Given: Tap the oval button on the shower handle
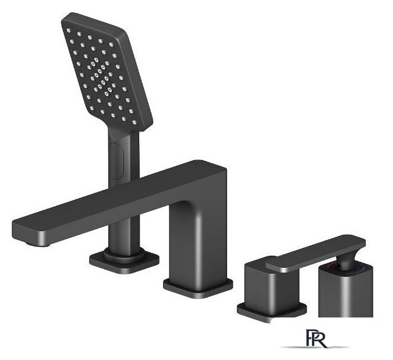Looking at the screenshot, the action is click(117, 160).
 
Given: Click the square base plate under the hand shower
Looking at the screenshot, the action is click(125, 264).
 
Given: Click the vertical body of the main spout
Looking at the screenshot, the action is click(198, 238).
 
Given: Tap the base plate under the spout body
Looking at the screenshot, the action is click(198, 288).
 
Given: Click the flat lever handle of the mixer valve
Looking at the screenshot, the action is click(316, 253).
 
